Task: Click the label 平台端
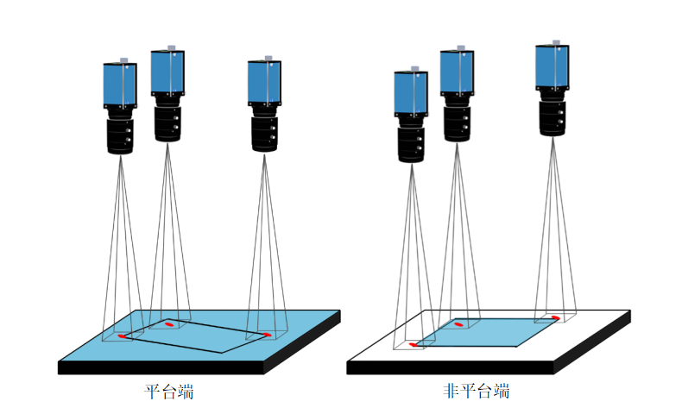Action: point(168,392)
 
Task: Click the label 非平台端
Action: point(477,392)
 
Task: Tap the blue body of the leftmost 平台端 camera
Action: point(120,85)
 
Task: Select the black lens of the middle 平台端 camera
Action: point(167,122)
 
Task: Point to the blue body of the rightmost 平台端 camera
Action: point(265,82)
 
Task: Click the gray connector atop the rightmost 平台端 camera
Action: point(268,58)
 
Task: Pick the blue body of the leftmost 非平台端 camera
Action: point(411,93)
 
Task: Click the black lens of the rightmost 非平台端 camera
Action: point(553,117)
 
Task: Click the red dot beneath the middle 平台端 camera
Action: point(169,323)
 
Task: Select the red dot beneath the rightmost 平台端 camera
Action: point(267,334)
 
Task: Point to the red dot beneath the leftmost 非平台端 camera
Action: point(414,344)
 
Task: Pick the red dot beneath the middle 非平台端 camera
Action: point(459,325)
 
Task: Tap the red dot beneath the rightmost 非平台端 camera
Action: point(555,317)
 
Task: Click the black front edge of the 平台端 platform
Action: point(161,367)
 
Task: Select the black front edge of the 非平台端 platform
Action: point(450,367)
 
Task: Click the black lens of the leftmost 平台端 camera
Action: point(120,135)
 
